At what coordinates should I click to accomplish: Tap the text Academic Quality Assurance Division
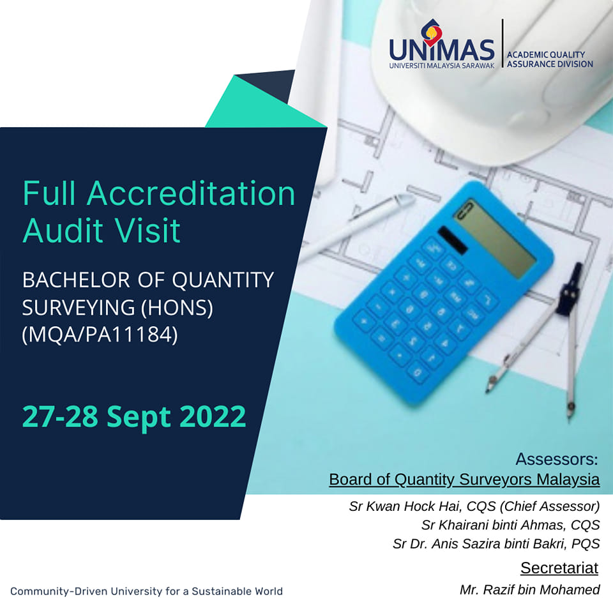(549, 59)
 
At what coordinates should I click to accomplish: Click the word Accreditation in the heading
(191, 193)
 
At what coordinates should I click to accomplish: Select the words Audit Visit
(102, 231)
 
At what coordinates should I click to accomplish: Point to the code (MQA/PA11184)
(100, 335)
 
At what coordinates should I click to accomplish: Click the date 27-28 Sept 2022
(134, 416)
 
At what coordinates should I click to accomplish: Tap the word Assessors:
(556, 459)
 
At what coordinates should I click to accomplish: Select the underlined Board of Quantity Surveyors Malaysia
(464, 479)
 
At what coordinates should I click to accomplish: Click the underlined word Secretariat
(559, 568)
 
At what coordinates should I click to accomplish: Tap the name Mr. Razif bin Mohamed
(529, 589)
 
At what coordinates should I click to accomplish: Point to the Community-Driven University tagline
(146, 591)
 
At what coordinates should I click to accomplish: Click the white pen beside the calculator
(358, 227)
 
